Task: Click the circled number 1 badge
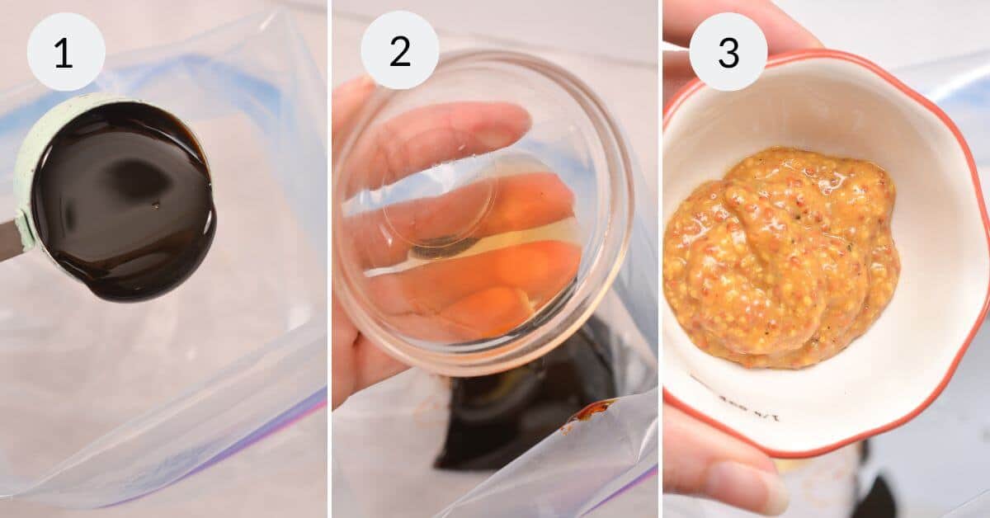point(65,51)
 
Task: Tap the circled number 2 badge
point(399,51)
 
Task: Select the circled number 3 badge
point(728,51)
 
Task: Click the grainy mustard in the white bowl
point(780,256)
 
